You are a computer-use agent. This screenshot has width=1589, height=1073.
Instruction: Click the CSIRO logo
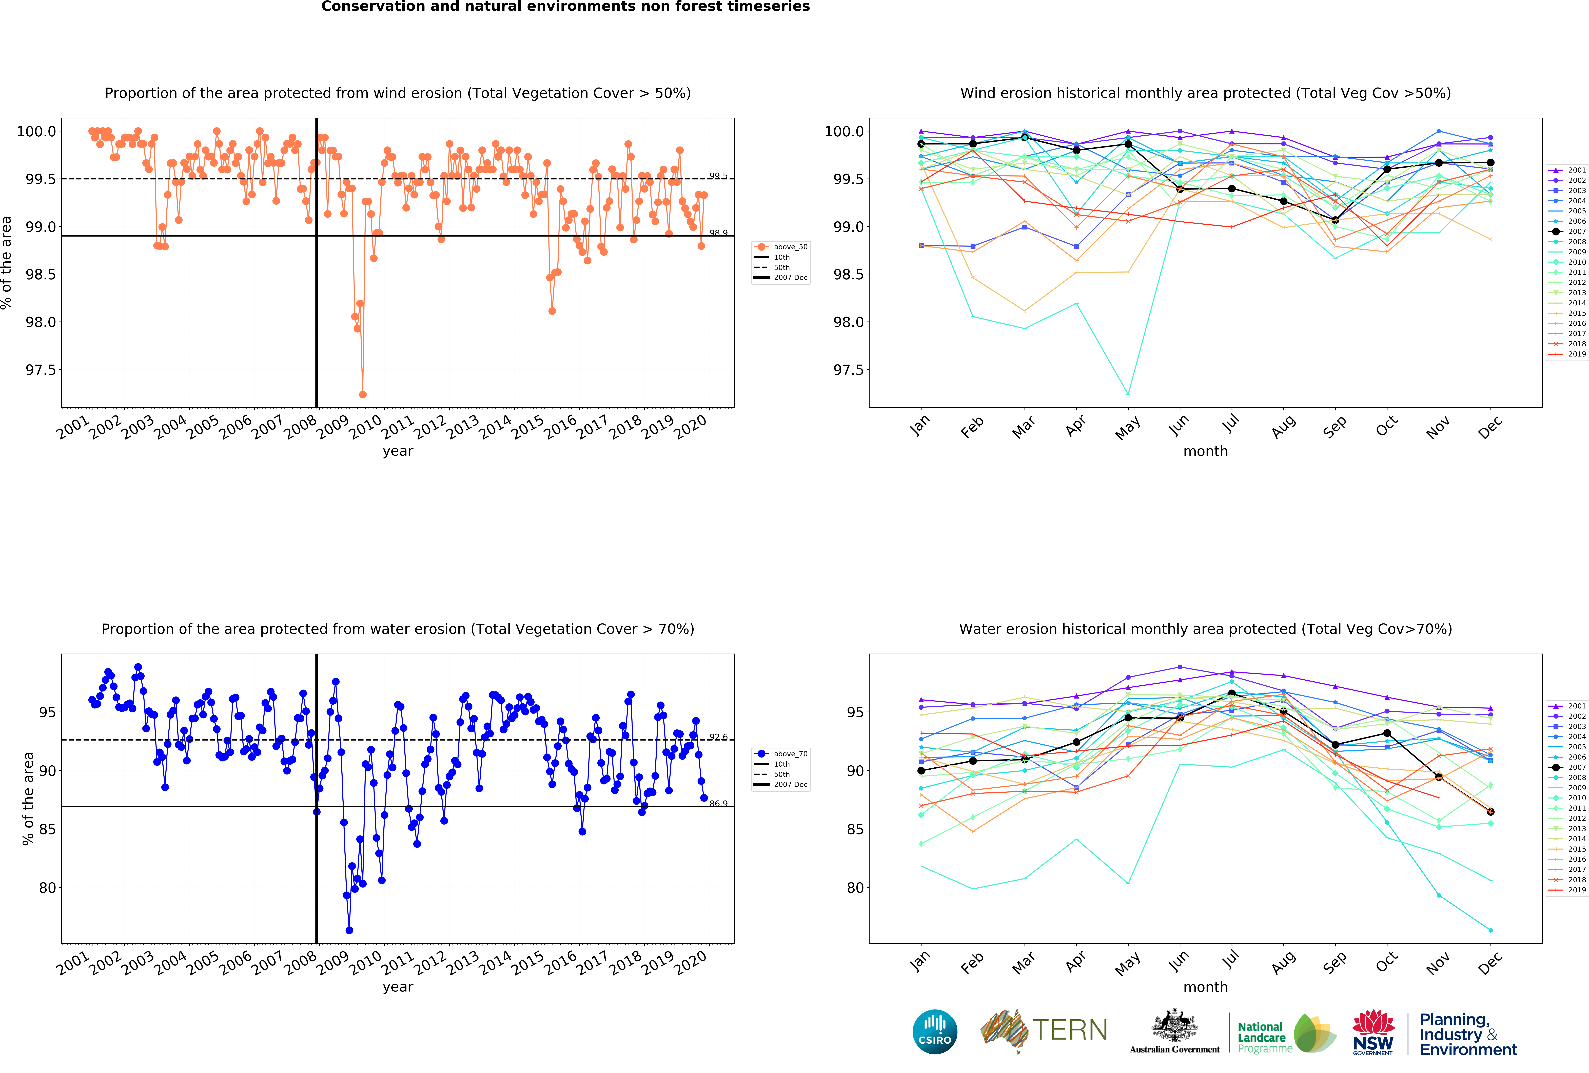tap(935, 1031)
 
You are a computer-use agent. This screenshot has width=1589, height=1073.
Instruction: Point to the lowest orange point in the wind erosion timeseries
tap(362, 394)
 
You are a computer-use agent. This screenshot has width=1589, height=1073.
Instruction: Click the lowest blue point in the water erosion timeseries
tap(349, 930)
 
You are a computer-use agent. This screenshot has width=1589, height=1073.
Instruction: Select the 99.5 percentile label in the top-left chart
tap(718, 176)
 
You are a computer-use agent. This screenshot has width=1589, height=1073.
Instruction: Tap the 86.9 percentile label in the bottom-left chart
tap(718, 803)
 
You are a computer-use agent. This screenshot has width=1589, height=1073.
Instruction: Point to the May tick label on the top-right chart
tap(1127, 427)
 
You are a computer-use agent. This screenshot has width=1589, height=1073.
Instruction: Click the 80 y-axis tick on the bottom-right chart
tap(855, 888)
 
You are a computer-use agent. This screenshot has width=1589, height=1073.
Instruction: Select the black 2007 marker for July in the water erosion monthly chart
tap(1231, 694)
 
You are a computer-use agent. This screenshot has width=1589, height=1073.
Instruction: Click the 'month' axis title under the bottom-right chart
tap(1205, 987)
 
